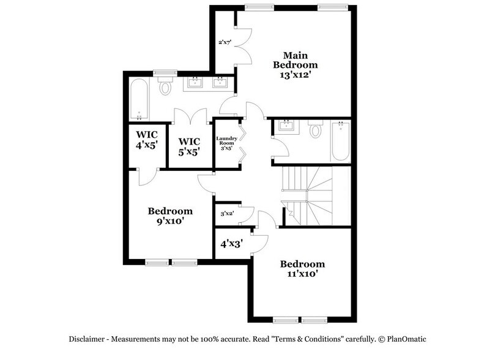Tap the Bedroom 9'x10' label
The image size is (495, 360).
click(170, 216)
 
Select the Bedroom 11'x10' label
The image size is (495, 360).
click(302, 269)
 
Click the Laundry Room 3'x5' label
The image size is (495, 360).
click(226, 143)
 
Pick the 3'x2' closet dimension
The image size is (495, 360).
click(226, 214)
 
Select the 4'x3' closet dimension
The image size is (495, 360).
click(231, 243)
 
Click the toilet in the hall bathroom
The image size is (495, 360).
click(315, 130)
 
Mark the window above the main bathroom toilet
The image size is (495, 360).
click(164, 73)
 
